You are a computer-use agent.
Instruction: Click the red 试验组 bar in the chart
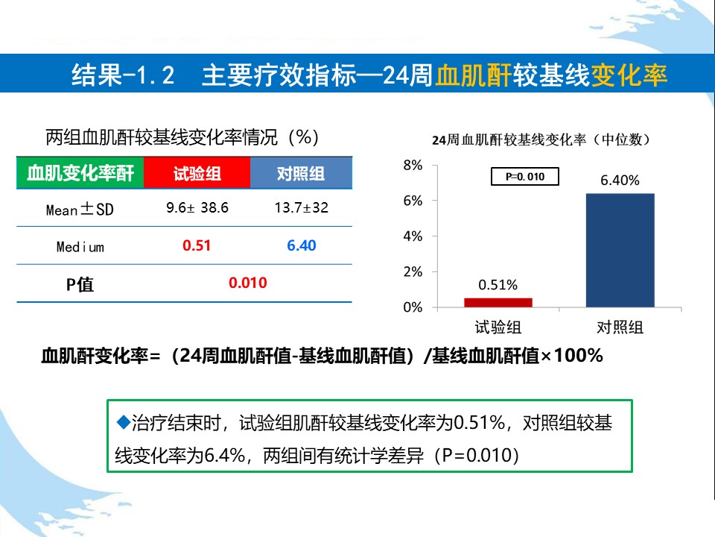click(x=498, y=302)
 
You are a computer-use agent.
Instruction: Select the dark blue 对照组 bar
click(x=620, y=250)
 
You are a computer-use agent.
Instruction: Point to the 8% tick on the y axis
click(x=413, y=165)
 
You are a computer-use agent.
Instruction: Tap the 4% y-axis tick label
click(x=413, y=236)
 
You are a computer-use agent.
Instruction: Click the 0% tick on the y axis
click(x=413, y=307)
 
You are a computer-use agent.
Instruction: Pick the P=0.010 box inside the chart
click(x=524, y=177)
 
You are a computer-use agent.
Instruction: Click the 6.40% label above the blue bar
click(x=620, y=180)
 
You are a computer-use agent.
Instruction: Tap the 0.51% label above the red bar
click(x=498, y=285)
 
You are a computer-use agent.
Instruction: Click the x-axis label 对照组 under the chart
click(x=620, y=327)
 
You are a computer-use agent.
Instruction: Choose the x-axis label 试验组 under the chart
click(x=498, y=327)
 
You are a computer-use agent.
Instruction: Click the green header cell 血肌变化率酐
click(x=80, y=173)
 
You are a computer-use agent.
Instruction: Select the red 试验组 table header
click(x=197, y=173)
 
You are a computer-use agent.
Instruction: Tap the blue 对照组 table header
click(x=301, y=173)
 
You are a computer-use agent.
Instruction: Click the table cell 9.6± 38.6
click(x=197, y=208)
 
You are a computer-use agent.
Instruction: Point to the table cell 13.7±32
click(x=301, y=208)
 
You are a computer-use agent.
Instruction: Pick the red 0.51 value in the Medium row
click(x=197, y=245)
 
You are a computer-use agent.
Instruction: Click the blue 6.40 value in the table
click(x=301, y=245)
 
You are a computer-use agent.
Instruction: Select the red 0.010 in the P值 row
click(x=247, y=283)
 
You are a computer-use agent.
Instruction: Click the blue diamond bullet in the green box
click(x=124, y=423)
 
